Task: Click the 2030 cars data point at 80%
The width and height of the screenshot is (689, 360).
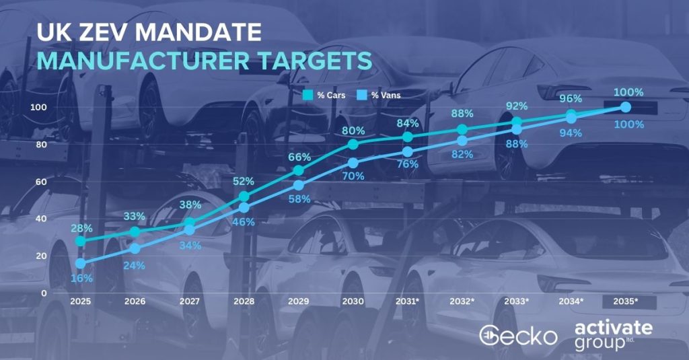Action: pyautogui.click(x=353, y=144)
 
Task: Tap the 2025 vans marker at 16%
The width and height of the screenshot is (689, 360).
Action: pyautogui.click(x=81, y=263)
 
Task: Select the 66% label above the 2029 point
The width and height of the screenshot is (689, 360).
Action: pyautogui.click(x=299, y=157)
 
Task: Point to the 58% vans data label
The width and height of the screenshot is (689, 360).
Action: pyautogui.click(x=299, y=199)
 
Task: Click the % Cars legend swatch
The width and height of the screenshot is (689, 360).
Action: pyautogui.click(x=307, y=95)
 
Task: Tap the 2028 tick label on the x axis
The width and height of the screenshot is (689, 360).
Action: pyautogui.click(x=244, y=301)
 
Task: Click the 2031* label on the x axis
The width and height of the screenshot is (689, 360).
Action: pyautogui.click(x=407, y=301)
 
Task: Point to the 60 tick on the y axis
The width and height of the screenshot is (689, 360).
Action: pyautogui.click(x=41, y=182)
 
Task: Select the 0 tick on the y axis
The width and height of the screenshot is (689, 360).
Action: pyautogui.click(x=44, y=293)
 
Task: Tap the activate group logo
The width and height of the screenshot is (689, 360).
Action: pyautogui.click(x=614, y=335)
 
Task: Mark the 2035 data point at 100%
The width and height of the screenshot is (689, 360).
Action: pyautogui.click(x=626, y=107)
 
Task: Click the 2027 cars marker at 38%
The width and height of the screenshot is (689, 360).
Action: pyautogui.click(x=189, y=223)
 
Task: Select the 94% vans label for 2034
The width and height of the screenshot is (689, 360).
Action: pyautogui.click(x=571, y=133)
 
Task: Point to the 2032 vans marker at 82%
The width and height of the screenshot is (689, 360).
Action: pyautogui.click(x=462, y=141)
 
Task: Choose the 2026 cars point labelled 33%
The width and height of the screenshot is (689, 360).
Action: pyautogui.click(x=135, y=231)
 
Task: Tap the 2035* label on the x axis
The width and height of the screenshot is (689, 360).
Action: pyautogui.click(x=625, y=301)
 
